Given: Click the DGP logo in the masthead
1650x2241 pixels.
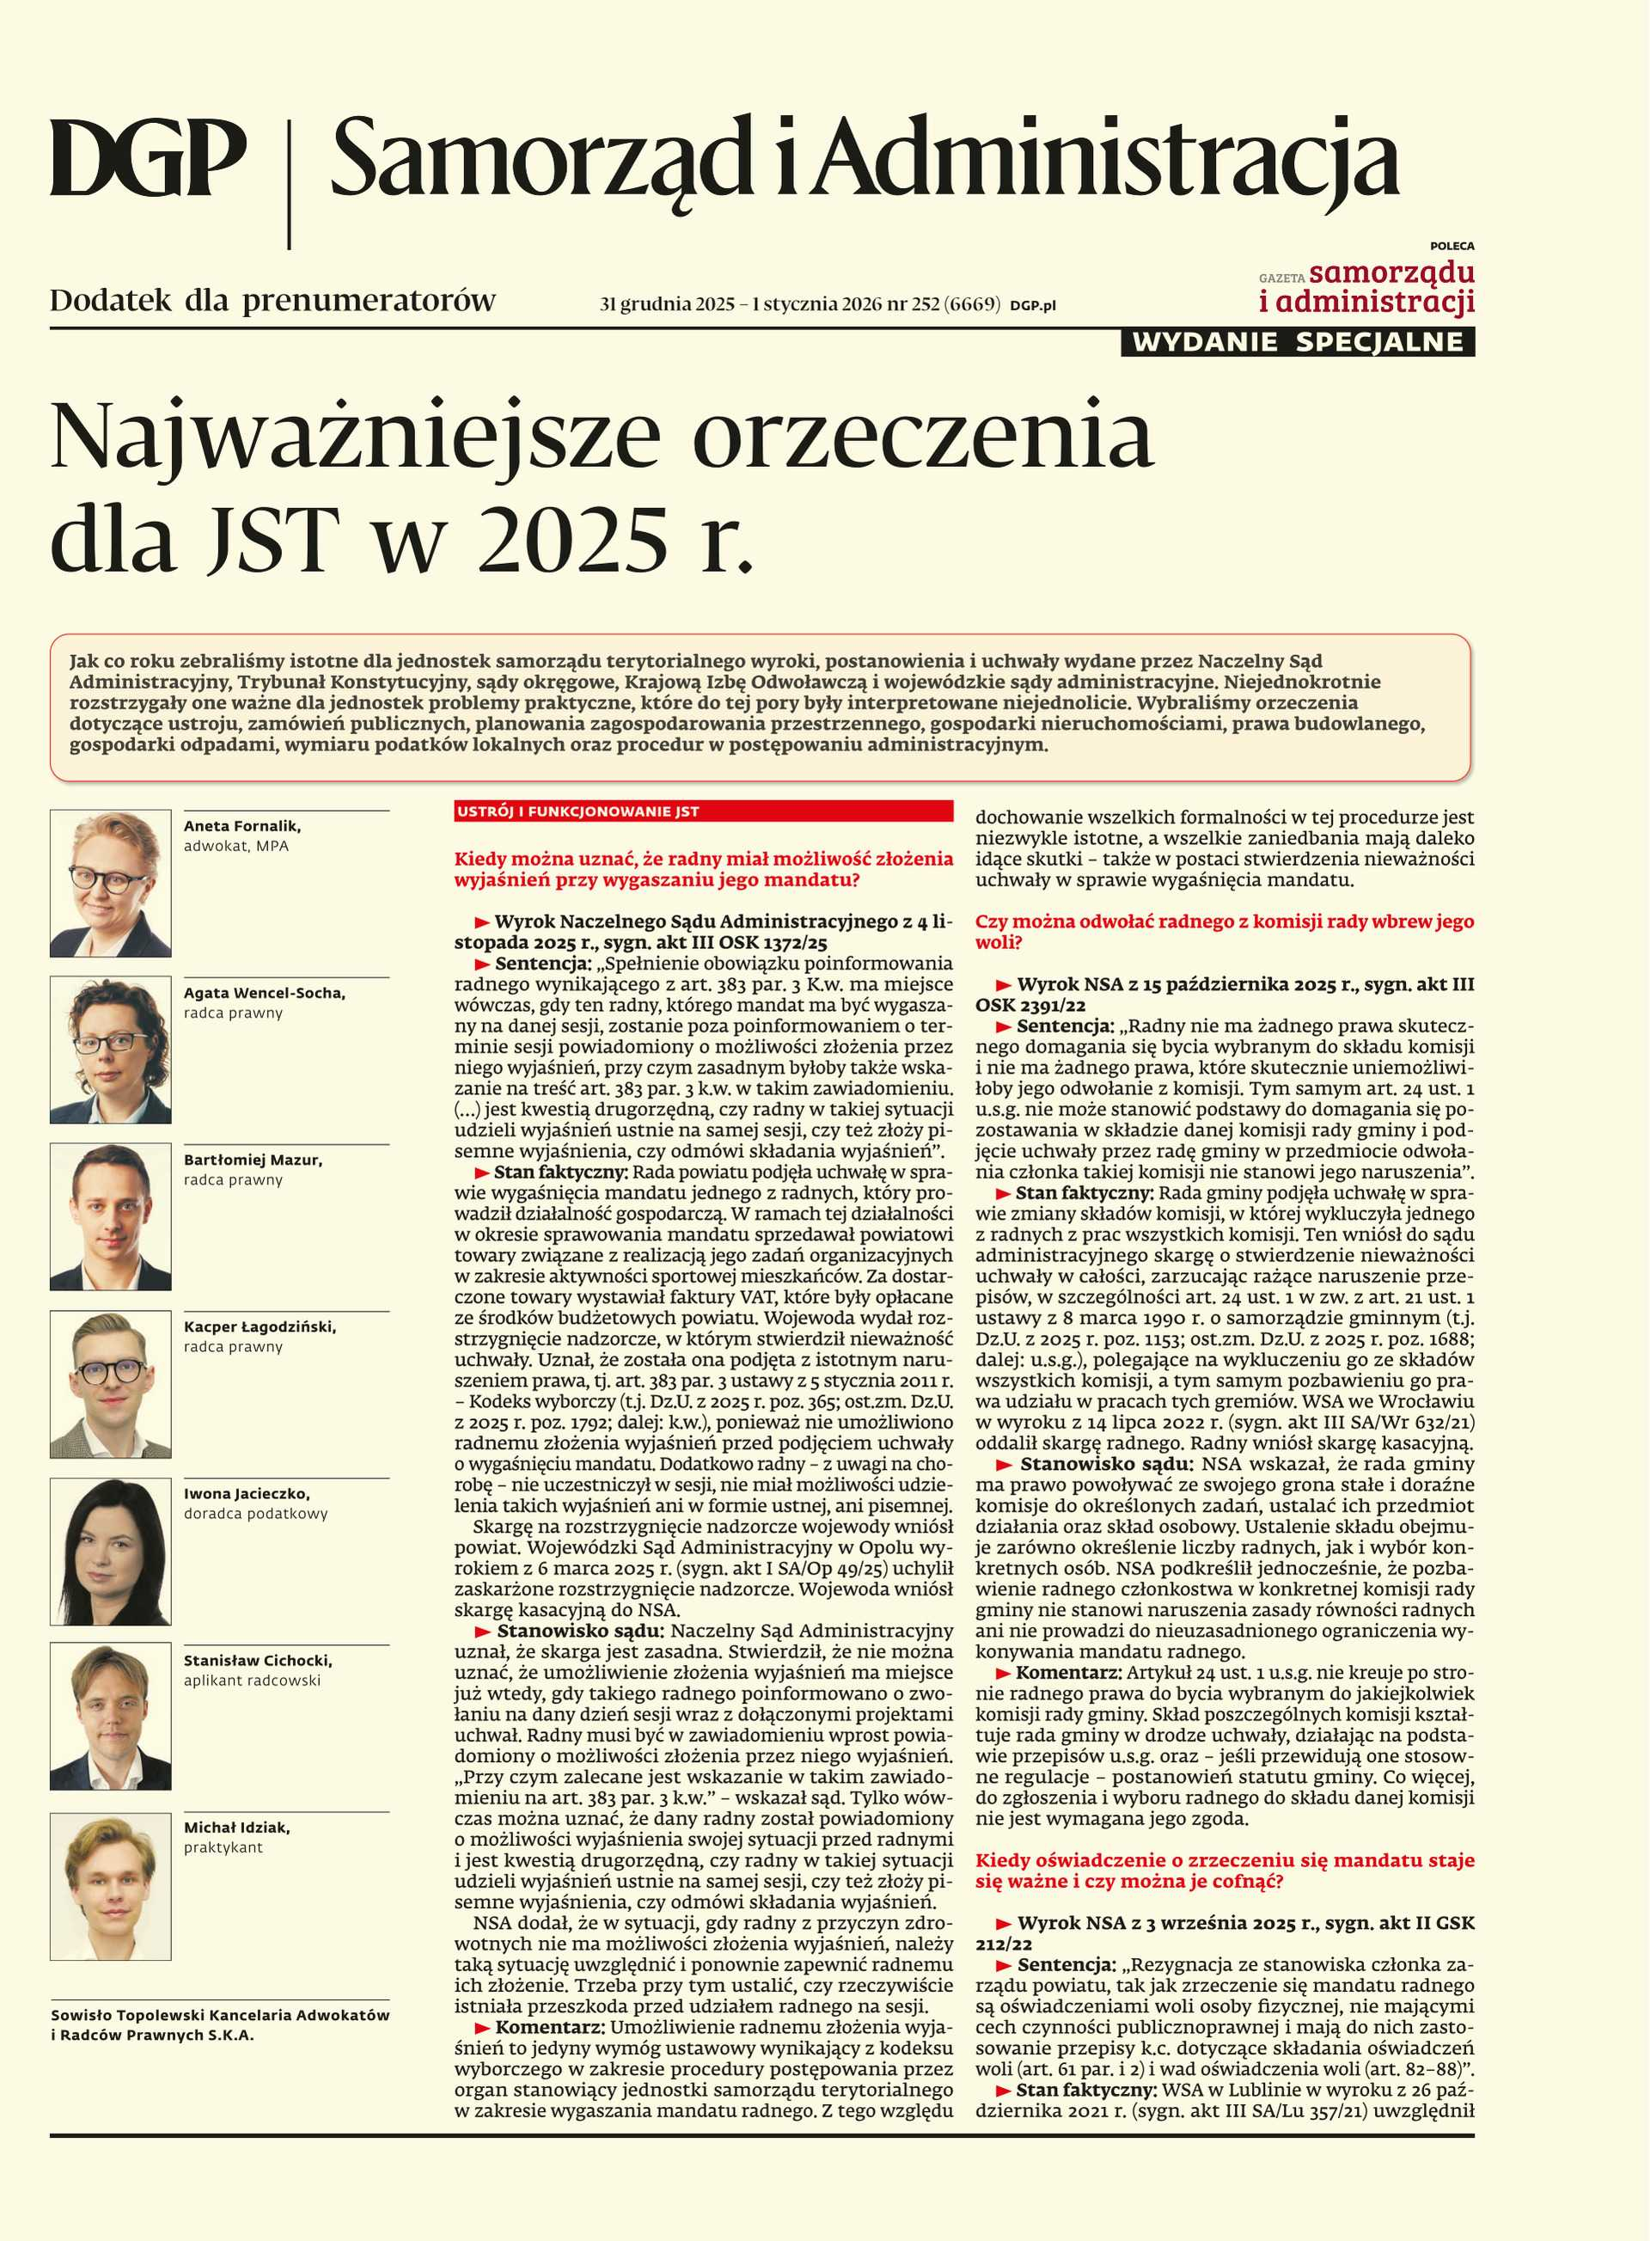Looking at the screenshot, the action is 148,158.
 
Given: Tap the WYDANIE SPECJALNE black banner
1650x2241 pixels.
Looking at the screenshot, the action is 1298,342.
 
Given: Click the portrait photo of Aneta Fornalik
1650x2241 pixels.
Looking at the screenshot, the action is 110,883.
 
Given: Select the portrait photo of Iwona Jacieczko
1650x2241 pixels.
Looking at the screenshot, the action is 110,1551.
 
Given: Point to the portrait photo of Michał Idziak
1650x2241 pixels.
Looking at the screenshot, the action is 110,1885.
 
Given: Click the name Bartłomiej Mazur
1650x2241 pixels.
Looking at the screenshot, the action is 253,1160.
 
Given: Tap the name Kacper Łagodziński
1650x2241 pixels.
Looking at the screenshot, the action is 260,1327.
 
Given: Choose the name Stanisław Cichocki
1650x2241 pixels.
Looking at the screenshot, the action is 258,1661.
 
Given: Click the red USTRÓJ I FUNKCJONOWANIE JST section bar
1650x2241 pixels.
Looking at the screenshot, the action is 703,811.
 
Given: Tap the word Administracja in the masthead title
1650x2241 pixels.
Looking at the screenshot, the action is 1106,160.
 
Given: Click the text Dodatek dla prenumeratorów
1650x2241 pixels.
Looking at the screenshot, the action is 272,300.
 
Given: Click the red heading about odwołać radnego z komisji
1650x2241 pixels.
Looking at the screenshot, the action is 1224,931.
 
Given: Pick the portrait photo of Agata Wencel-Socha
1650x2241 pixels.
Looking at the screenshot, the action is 110,1050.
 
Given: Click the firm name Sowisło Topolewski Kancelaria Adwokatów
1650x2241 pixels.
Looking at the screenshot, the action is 220,2015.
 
